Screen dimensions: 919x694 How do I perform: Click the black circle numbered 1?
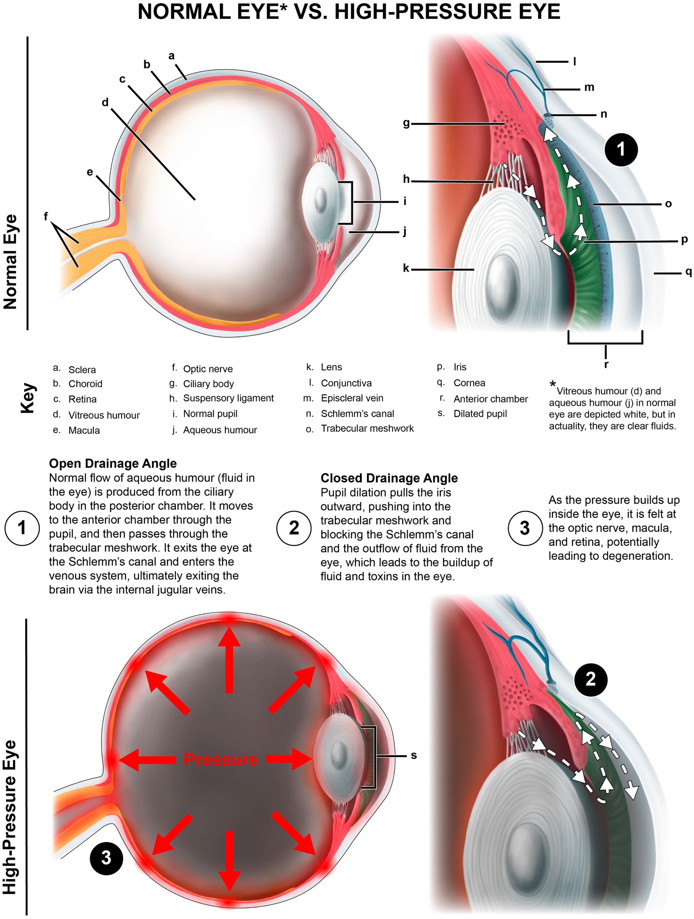(620, 149)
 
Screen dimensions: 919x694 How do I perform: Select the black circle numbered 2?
(590, 679)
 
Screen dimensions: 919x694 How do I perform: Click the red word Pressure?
(221, 760)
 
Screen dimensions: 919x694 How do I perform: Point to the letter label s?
(413, 755)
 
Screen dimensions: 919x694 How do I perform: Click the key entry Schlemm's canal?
(357, 414)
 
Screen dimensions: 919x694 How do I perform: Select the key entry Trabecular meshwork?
(367, 428)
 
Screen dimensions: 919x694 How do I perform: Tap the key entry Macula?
(84, 431)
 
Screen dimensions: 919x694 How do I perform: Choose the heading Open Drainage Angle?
(113, 463)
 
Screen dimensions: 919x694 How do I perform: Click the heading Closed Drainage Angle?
(389, 478)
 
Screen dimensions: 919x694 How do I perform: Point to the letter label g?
(406, 123)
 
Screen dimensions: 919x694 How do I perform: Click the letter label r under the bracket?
(606, 365)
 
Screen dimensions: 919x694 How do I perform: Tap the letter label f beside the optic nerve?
(46, 216)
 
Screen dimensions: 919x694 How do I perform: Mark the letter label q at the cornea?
(689, 272)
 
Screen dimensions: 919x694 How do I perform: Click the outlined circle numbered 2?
(294, 527)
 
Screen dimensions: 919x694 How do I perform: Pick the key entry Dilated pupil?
(480, 414)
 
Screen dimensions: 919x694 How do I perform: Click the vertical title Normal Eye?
(10, 262)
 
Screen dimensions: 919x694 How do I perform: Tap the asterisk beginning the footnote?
(553, 384)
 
